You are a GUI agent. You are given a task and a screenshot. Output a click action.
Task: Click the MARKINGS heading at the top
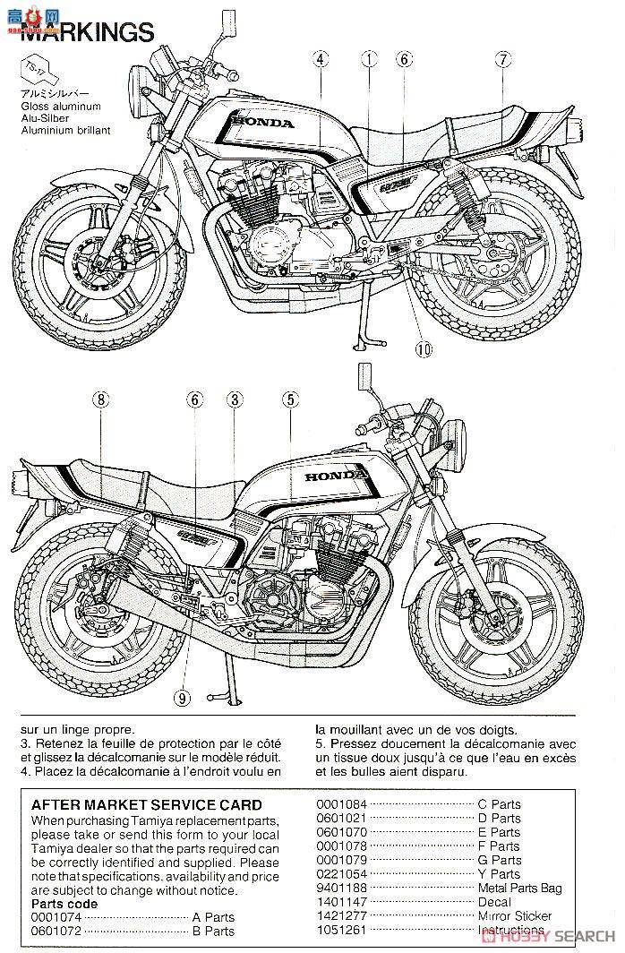87,33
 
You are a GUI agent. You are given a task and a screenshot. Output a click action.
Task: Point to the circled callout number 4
321,60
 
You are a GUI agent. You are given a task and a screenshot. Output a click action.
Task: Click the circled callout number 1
368,60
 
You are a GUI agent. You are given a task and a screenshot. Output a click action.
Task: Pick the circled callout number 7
404,60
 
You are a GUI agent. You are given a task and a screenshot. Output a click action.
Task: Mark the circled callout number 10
504,60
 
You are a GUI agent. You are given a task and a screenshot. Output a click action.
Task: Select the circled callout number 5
289,399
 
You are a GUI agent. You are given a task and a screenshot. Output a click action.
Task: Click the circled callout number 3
235,399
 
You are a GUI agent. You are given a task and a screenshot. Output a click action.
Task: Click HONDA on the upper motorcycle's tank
261,123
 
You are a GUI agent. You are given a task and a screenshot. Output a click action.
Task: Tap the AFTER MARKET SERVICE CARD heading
146,805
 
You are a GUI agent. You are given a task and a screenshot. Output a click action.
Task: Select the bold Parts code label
64,904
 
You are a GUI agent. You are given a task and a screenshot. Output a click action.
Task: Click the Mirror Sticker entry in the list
515,916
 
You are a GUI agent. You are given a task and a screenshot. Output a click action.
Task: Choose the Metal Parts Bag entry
519,888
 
